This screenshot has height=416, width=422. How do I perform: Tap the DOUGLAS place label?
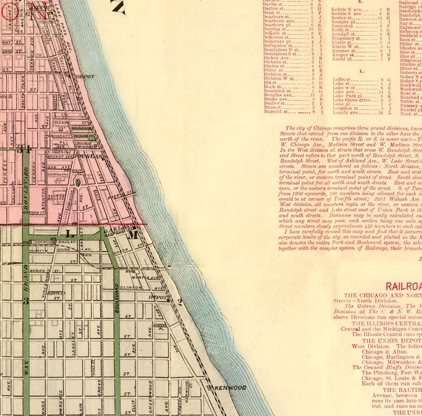click(89, 156)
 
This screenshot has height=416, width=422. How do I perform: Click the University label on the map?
click(61, 135)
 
